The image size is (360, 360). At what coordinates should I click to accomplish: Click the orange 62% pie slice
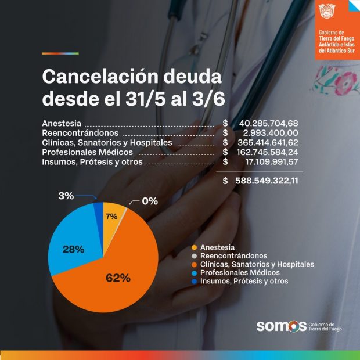click(116, 273)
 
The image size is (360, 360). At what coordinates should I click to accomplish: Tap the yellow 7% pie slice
click(112, 216)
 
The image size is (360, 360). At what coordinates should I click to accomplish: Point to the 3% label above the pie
click(66, 196)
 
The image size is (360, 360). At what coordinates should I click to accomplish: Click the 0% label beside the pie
click(150, 201)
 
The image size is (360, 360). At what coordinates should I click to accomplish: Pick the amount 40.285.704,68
click(268, 123)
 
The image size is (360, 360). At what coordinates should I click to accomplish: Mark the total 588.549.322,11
click(267, 181)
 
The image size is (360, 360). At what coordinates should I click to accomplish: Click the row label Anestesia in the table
click(62, 124)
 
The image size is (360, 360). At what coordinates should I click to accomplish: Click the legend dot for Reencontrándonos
click(194, 255)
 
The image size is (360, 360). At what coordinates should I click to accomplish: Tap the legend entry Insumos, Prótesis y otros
click(244, 281)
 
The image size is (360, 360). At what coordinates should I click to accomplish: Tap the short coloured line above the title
click(60, 53)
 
